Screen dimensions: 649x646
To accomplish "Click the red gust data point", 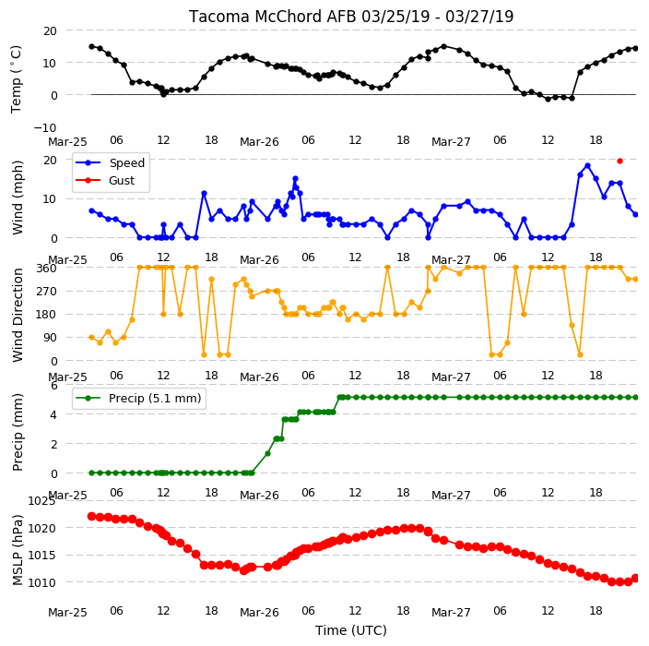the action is point(619,161).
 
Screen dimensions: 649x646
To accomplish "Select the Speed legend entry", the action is point(110,162).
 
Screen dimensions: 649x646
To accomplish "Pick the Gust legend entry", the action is point(105,180).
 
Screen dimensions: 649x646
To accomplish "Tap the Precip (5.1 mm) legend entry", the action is point(138,398).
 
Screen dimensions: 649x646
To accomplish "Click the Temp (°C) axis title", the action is point(16,79).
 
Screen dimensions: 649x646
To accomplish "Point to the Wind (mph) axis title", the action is point(17,198).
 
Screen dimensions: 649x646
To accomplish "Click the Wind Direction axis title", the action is point(17,315).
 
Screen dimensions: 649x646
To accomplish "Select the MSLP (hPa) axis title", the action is point(17,550).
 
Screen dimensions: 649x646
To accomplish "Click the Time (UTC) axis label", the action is point(351,630).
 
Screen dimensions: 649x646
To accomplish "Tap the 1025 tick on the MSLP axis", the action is point(41,501).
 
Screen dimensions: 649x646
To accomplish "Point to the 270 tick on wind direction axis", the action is point(46,292).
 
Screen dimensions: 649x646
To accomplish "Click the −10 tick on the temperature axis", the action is point(44,127).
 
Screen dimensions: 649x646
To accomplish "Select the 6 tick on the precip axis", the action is point(53,386).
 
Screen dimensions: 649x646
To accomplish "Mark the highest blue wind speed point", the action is point(587,166).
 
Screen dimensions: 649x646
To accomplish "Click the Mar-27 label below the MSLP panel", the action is point(451,613).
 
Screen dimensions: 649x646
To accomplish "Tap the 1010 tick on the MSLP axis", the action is point(41,582).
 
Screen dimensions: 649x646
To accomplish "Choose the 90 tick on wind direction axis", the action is point(50,338).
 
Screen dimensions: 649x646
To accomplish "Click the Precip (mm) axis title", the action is point(17,432).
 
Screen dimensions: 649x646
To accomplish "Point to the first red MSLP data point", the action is point(91,516).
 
